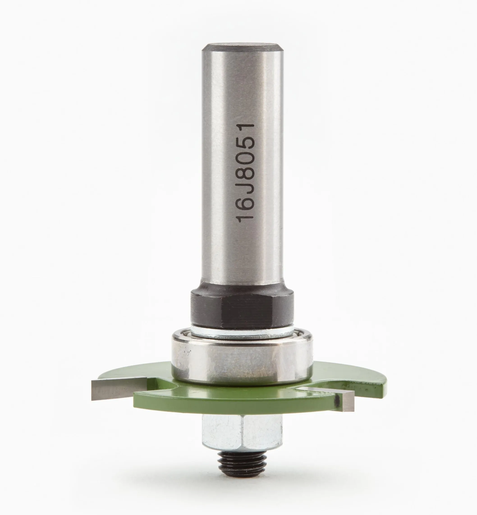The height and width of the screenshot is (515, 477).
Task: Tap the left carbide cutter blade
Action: point(119,390)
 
